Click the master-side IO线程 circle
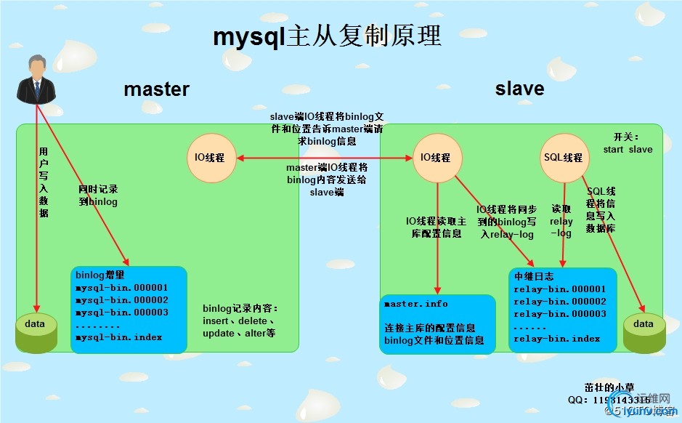point(211,158)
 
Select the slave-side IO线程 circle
point(436,158)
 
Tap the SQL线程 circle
point(563,158)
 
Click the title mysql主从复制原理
point(327,36)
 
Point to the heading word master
point(156,89)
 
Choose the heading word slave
point(519,89)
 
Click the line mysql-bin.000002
point(122,300)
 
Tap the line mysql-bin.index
point(119,337)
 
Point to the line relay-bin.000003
point(559,314)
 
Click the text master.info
point(415,304)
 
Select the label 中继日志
point(534,277)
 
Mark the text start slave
point(628,150)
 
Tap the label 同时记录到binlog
point(98,196)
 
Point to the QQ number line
point(609,400)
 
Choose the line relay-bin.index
point(556,339)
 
